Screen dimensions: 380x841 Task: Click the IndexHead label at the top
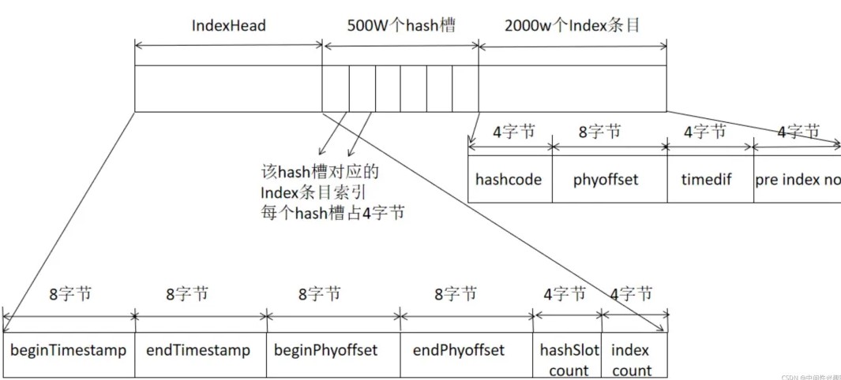[228, 25]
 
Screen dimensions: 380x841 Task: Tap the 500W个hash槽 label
[400, 25]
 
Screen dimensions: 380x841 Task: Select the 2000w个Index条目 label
[573, 25]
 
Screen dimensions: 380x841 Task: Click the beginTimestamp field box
[69, 351]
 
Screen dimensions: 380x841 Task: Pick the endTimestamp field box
[199, 351]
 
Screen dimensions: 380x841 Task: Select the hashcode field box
[509, 180]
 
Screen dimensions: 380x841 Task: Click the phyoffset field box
[606, 180]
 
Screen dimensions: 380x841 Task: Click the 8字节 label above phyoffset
[599, 132]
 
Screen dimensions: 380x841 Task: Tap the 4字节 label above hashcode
[513, 132]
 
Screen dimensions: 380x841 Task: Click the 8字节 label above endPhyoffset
[456, 295]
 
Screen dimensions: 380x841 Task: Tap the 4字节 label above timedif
[704, 132]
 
